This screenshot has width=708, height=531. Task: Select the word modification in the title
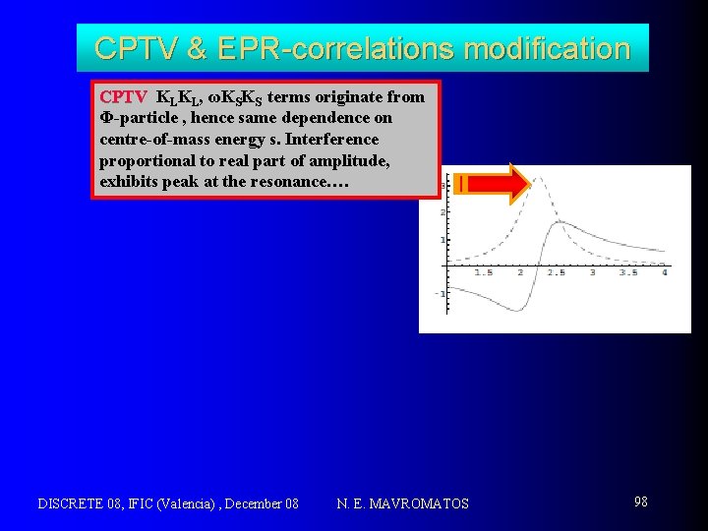point(555,48)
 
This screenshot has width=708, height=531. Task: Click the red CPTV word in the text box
point(124,97)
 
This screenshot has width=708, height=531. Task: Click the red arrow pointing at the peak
point(492,184)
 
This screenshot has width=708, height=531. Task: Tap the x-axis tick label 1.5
point(484,273)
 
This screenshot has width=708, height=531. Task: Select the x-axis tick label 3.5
point(628,273)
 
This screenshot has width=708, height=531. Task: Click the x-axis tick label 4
point(665,273)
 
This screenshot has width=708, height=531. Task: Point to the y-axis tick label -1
point(442,294)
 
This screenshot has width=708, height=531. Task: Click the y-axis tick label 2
point(443,212)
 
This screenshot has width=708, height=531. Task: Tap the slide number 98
point(640,502)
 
